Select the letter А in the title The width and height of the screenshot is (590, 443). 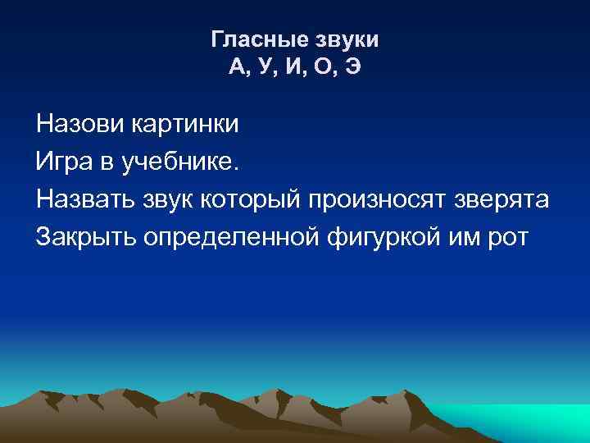coord(237,67)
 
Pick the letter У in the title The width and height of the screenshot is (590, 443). coord(265,67)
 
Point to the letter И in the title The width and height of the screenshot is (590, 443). coord(293,67)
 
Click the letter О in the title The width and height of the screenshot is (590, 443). coord(322,67)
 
